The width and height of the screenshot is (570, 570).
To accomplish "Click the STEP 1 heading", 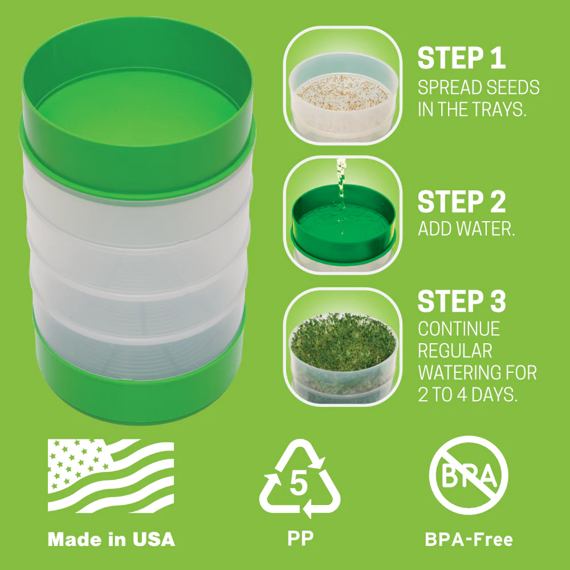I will tap(462, 58).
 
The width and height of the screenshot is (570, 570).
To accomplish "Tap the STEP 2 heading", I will tap(462, 202).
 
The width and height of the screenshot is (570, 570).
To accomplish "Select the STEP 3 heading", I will tap(462, 301).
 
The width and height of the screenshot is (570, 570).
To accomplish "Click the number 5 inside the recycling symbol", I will tap(299, 484).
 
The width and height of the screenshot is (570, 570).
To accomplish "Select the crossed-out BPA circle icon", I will tap(468, 475).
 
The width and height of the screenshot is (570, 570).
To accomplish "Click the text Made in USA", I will tap(111, 539).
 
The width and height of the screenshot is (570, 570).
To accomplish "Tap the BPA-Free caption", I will tap(469, 539).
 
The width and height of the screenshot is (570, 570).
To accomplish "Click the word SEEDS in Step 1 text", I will tap(511, 88).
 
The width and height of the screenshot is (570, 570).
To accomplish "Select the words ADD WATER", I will tap(467, 229).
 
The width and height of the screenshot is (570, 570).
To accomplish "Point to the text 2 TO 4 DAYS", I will tap(467, 395).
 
